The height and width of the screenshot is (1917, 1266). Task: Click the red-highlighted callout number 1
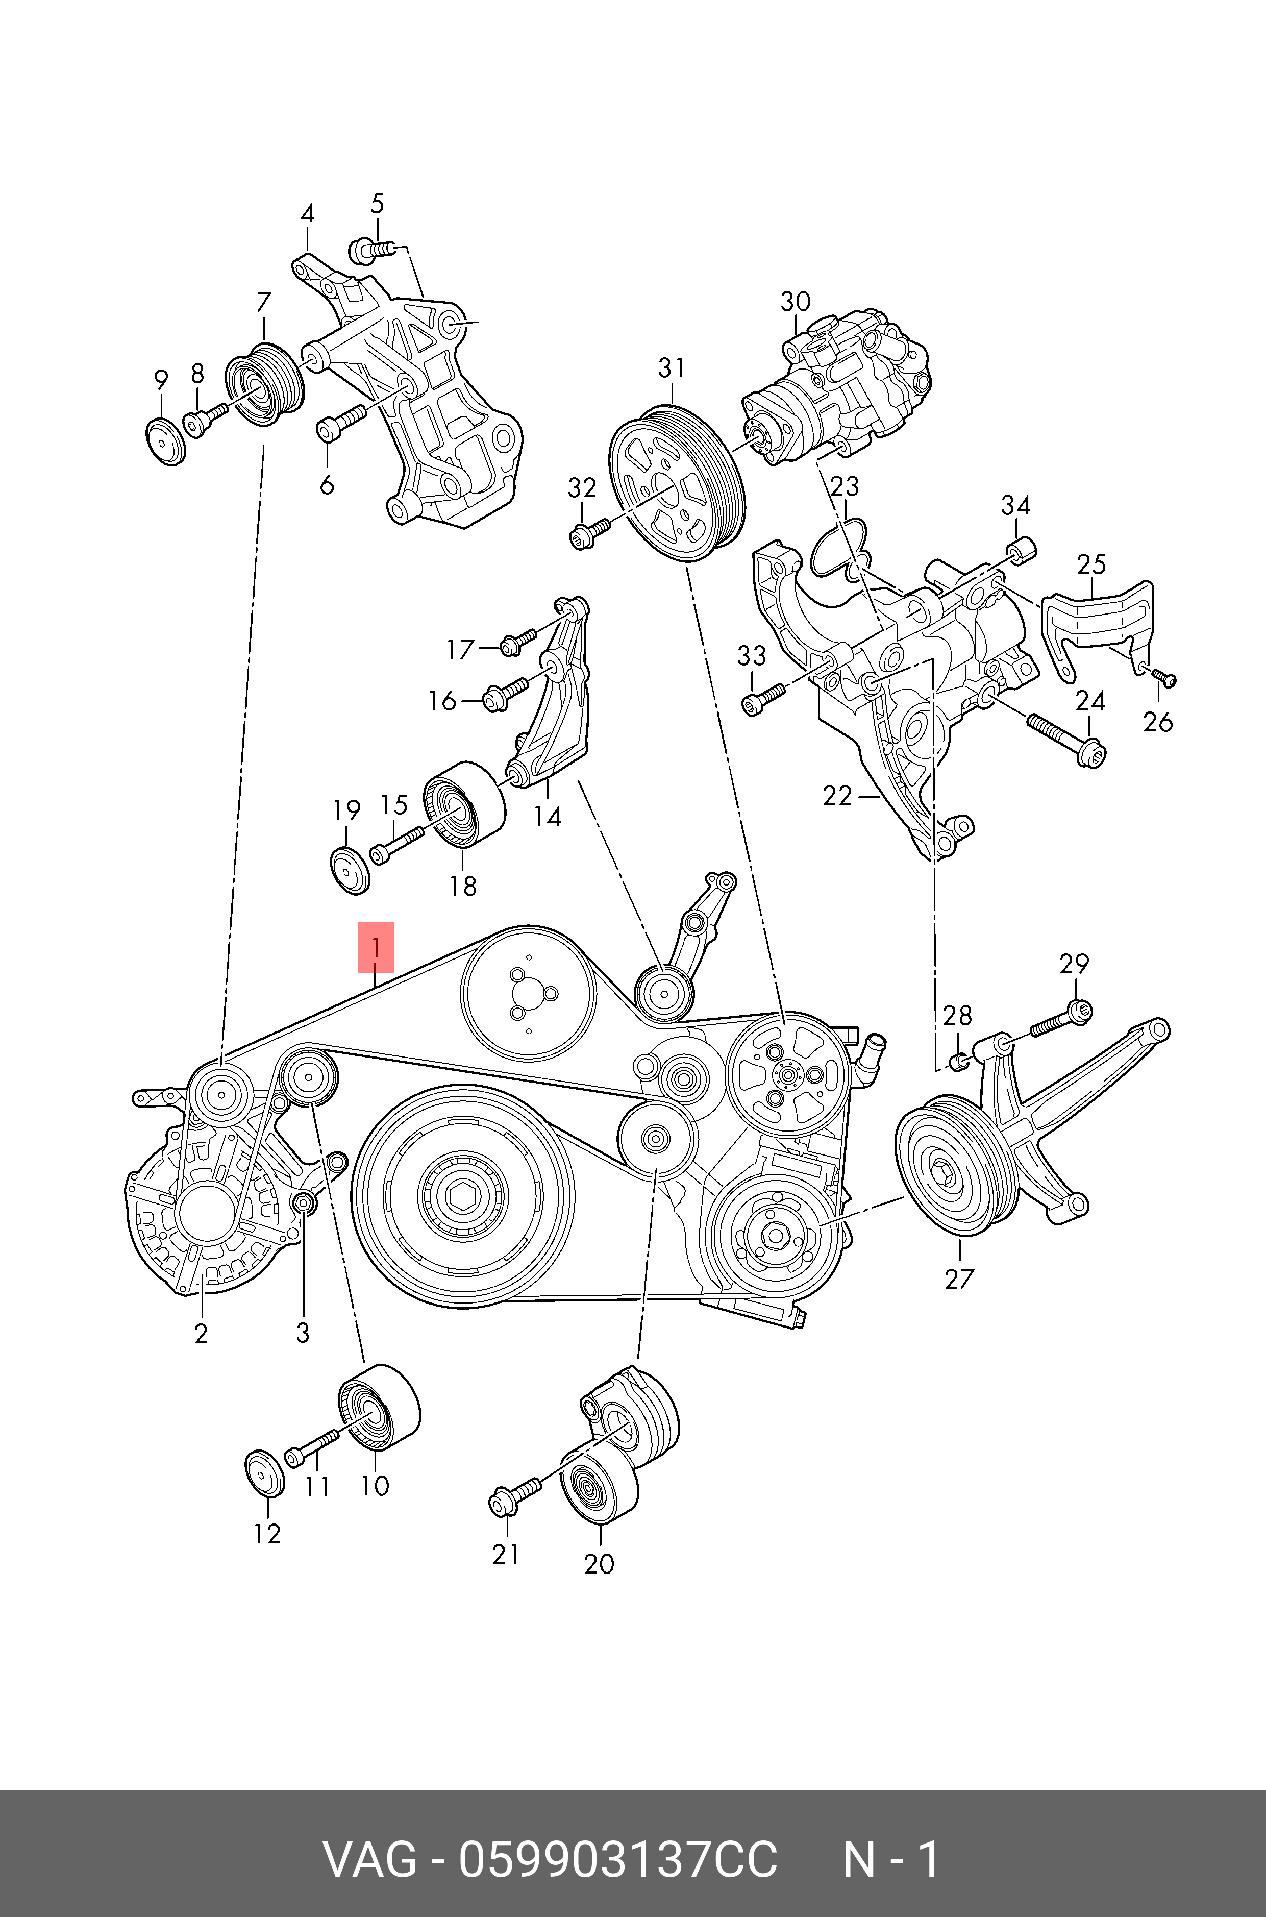376,946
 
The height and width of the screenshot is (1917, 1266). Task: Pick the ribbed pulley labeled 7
263,385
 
